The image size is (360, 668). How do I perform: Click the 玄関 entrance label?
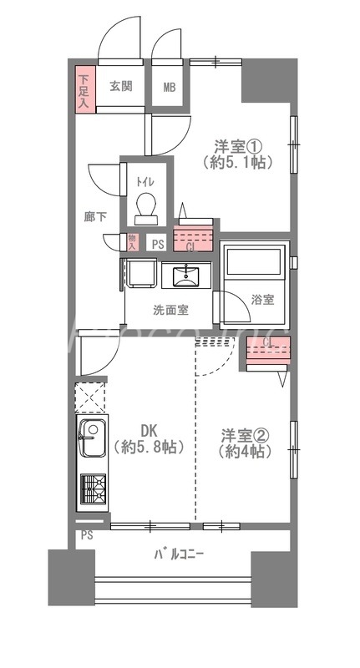[x=121, y=86]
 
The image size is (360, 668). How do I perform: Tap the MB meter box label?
[x=170, y=87]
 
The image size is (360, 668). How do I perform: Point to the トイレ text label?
[x=145, y=181]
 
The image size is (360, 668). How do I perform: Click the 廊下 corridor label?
[x=95, y=216]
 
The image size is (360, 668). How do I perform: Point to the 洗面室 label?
[x=170, y=310]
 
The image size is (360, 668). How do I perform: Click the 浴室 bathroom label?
[x=262, y=300]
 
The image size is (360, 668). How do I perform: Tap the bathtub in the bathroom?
[x=255, y=266]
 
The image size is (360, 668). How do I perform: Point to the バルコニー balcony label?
[x=179, y=554]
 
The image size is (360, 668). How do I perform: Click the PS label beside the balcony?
[x=87, y=535]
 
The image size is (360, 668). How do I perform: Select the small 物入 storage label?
[x=132, y=242]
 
